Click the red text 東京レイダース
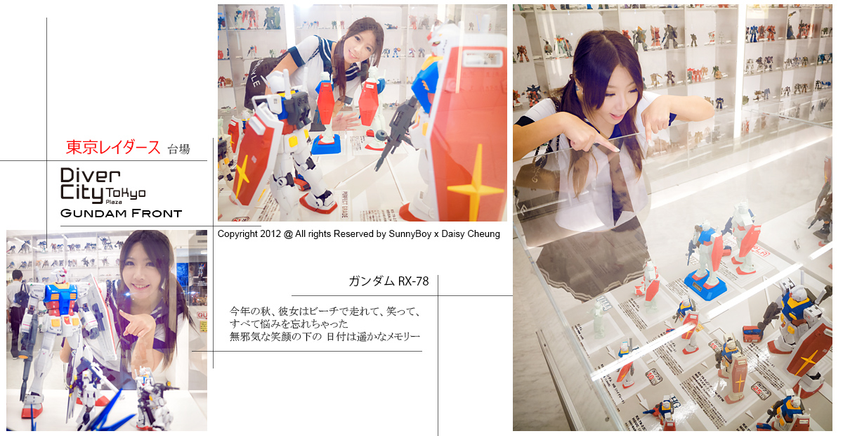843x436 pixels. point(112,148)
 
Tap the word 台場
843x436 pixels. point(178,149)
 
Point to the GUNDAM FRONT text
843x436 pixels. point(121,213)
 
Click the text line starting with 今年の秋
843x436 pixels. point(325,310)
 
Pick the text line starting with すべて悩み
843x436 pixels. point(289,323)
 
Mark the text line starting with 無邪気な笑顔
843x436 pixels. point(325,337)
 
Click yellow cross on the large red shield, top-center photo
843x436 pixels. point(475,186)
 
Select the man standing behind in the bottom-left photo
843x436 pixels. point(16,309)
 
